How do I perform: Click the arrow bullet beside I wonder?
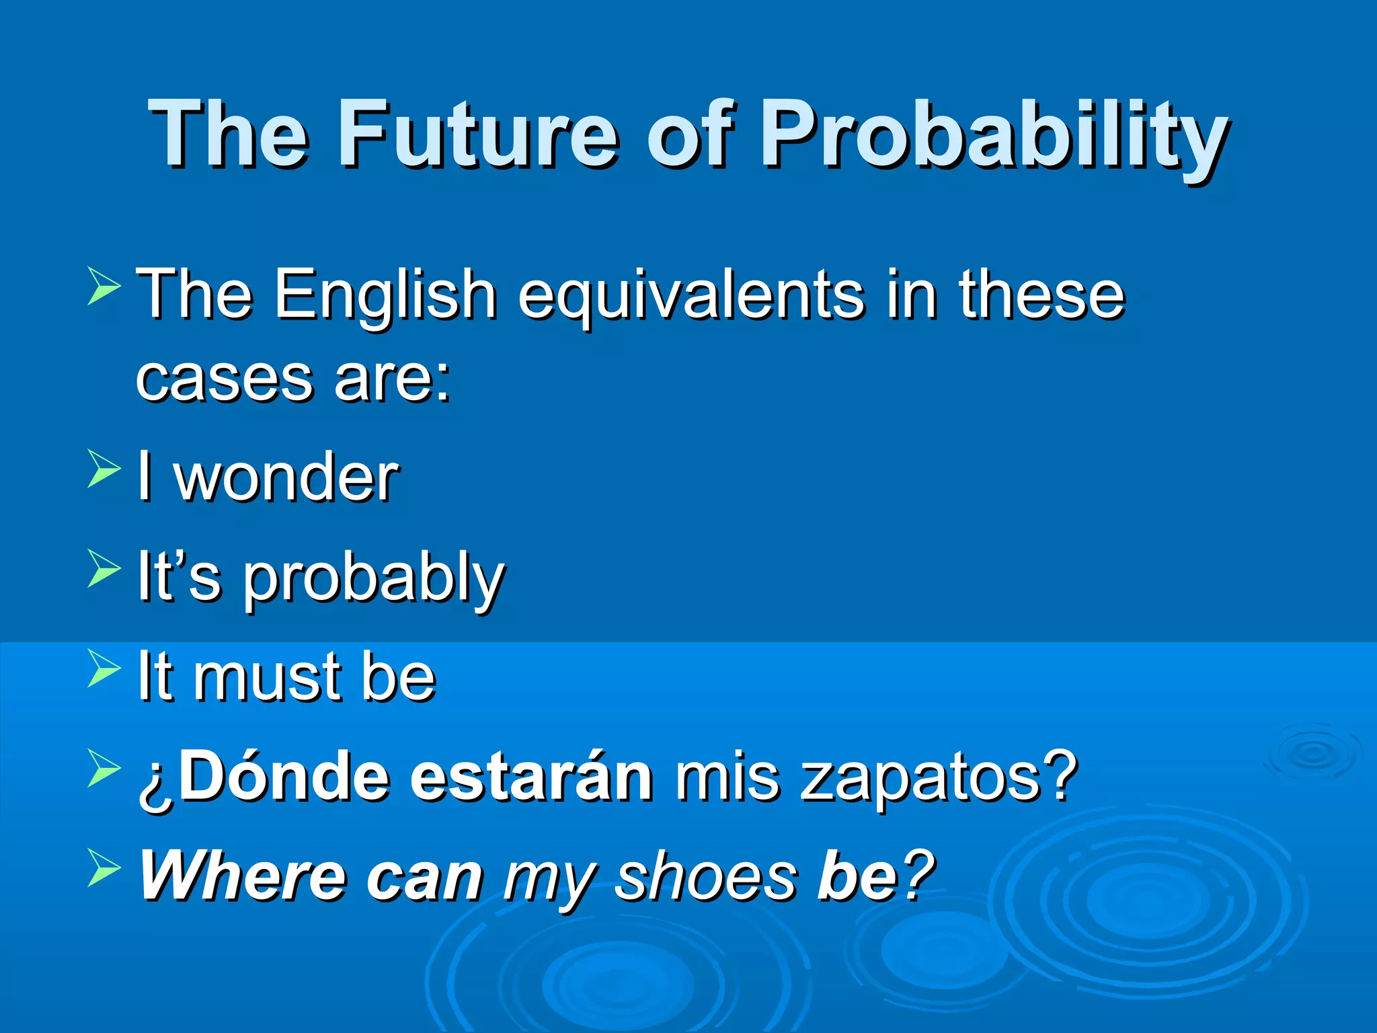(x=104, y=469)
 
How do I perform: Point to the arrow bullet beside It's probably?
(x=104, y=568)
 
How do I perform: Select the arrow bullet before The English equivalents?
(x=104, y=286)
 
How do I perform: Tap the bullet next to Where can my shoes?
(x=104, y=868)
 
